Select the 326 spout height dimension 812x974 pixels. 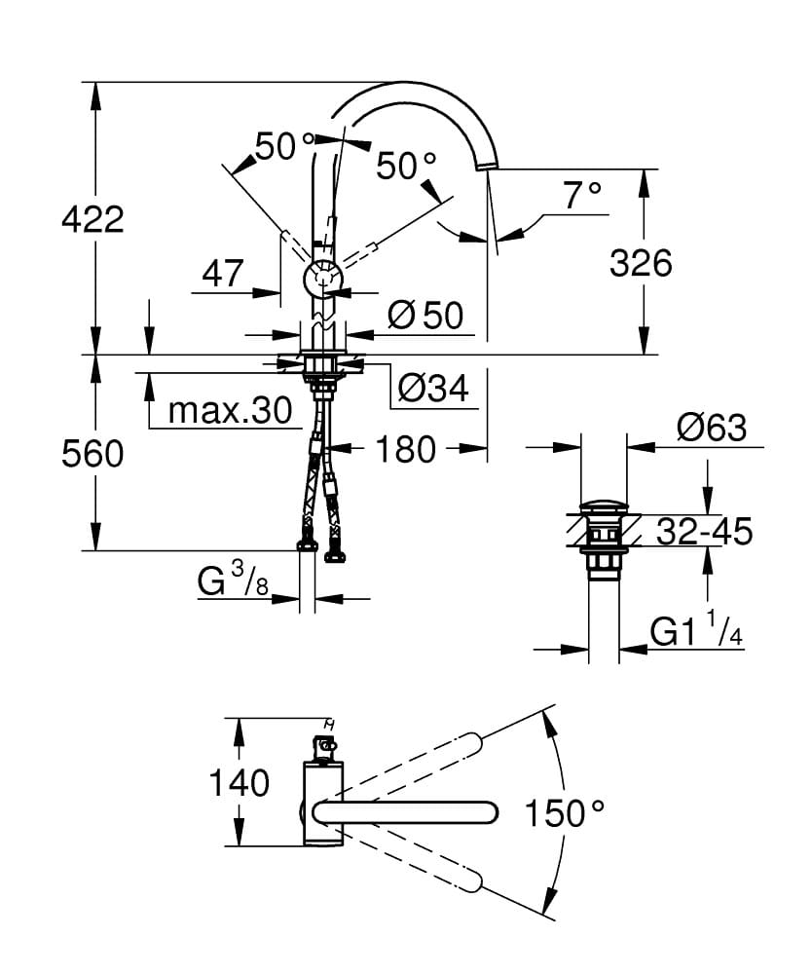641,262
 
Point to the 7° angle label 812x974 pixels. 582,196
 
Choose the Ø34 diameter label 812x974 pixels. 433,389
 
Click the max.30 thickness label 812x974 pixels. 230,410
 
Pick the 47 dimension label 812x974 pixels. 222,274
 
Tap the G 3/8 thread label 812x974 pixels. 234,581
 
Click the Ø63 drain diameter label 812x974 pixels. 712,428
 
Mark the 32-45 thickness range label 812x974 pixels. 704,532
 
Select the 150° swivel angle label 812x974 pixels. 565,810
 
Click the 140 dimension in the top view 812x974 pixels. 239,782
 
